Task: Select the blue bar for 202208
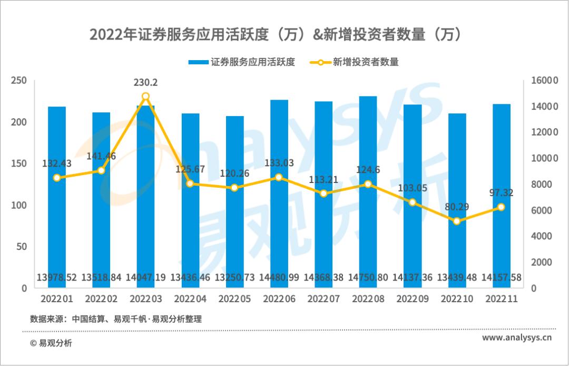pos(368,190)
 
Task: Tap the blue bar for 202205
pos(234,200)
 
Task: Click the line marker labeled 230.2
pos(146,97)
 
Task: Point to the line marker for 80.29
pos(457,221)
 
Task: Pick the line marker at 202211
pos(501,207)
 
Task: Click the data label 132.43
pos(57,164)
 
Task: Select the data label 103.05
pos(412,188)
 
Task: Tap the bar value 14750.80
pos(368,277)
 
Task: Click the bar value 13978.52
pos(57,277)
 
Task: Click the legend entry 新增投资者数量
pos(358,62)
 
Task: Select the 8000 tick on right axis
pos(541,184)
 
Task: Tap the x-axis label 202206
pos(279,299)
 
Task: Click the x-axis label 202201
pos(57,299)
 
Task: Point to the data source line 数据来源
pos(116,319)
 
